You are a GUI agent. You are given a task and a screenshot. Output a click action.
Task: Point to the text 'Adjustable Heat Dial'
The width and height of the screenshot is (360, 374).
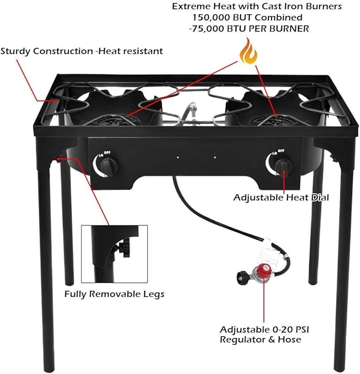pos(281,197)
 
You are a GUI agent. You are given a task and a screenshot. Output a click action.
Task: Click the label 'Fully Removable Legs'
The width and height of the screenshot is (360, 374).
pos(114,294)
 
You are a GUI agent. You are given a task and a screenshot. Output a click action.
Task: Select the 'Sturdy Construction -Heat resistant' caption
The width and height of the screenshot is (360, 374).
pos(82,51)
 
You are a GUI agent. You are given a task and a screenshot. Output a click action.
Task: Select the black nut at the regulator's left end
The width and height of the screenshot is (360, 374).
pos(241,275)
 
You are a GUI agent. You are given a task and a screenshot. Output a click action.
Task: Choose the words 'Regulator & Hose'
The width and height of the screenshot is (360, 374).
pos(260,340)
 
